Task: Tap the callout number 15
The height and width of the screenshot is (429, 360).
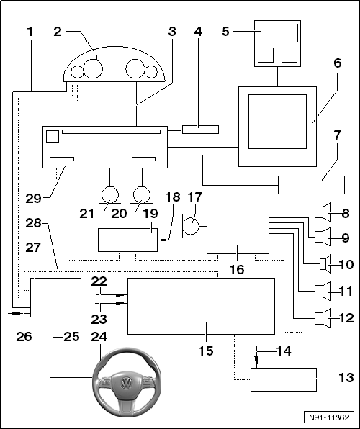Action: pyautogui.click(x=206, y=351)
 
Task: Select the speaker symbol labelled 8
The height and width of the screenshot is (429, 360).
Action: pyautogui.click(x=323, y=212)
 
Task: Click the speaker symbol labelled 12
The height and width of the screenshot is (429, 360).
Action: pyautogui.click(x=323, y=318)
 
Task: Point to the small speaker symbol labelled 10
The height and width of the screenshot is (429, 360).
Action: pyautogui.click(x=325, y=264)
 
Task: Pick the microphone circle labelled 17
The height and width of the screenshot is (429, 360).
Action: pyautogui.click(x=192, y=226)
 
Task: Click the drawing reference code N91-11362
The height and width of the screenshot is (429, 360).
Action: pyautogui.click(x=329, y=417)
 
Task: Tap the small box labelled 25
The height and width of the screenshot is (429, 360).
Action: pyautogui.click(x=50, y=333)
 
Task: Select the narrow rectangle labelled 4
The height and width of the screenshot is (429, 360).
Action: pyautogui.click(x=200, y=130)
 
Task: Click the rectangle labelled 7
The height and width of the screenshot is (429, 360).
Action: pyautogui.click(x=311, y=185)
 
